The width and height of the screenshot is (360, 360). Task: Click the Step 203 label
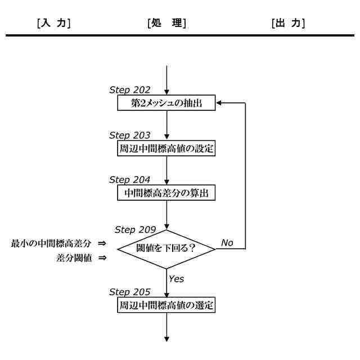(x=128, y=136)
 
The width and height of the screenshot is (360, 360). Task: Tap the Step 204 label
(x=128, y=180)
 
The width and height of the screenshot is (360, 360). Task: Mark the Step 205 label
(x=128, y=292)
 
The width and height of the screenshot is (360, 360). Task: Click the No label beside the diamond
(x=227, y=242)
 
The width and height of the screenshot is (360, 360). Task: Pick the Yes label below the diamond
(x=177, y=278)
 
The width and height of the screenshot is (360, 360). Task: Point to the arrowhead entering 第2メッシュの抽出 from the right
(x=220, y=103)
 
